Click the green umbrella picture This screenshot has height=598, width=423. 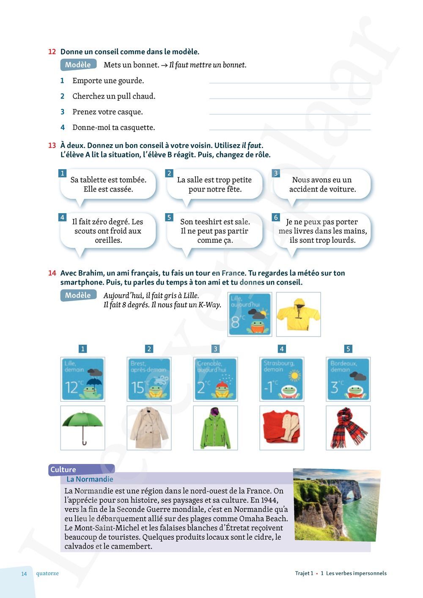pos(82,427)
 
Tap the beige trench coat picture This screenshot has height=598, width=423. pos(149,428)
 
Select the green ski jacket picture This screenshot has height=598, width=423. pos(215,428)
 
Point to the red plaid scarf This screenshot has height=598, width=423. pos(348,427)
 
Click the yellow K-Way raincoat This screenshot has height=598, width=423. pos(298,314)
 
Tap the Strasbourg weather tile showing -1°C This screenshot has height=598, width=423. pos(282,379)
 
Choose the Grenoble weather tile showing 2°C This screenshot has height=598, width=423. pos(215,379)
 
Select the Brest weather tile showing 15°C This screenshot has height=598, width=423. pos(149,379)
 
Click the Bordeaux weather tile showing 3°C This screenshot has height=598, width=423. pos(348,379)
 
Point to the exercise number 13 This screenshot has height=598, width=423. pos(52,145)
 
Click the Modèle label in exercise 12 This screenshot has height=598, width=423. pos(78,65)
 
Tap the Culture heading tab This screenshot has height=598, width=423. pos(63,469)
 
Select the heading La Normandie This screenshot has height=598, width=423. pos(90,479)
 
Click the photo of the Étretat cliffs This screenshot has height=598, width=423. pos(336,504)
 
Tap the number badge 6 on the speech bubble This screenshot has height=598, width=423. pos(276,217)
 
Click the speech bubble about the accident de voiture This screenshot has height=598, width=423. pos(322,184)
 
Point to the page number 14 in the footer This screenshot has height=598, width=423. pos(24,573)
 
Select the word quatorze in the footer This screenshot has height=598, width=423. pos(47,573)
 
